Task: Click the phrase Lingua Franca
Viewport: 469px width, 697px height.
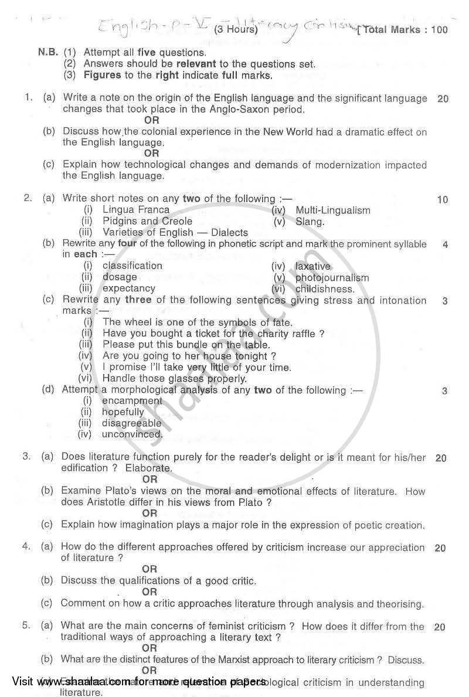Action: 135,210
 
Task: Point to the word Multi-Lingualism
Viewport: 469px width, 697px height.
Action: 333,210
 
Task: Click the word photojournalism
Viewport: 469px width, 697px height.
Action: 332,278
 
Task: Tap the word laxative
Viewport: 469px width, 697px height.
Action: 313,266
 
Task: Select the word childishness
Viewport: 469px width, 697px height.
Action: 325,289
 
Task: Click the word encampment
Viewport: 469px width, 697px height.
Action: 132,401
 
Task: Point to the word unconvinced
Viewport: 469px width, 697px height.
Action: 132,434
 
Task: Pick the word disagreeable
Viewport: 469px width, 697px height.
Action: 131,423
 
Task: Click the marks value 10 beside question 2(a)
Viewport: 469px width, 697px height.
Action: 442,200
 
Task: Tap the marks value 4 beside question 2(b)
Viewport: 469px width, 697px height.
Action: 445,244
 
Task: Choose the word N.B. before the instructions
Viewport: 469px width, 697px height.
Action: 47,52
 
